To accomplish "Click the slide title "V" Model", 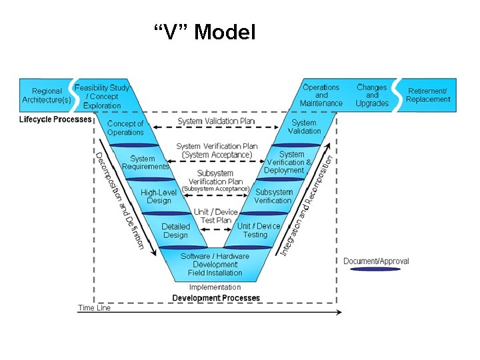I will click(x=204, y=31).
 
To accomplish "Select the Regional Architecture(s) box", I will click(x=46, y=95).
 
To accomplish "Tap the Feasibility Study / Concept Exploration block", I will click(x=103, y=96).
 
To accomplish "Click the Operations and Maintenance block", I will click(x=321, y=95).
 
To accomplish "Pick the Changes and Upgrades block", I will click(x=371, y=95).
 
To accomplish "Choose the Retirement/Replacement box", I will click(x=428, y=95).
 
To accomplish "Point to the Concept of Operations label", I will click(x=125, y=128).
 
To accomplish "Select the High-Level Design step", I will click(x=159, y=197).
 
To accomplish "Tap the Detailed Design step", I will click(x=175, y=231).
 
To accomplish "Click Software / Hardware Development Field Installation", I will click(x=215, y=265).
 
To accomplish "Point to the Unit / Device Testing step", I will click(x=258, y=231).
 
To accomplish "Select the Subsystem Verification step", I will click(x=273, y=197).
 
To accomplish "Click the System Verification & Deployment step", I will click(x=288, y=162).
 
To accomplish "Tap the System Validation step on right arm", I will click(x=304, y=127).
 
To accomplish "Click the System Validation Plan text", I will click(x=216, y=121).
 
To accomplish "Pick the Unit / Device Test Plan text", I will click(x=215, y=216).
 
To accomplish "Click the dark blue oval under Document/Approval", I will click(x=376, y=269).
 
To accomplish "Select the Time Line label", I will click(x=94, y=308).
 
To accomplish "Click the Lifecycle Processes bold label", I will click(x=55, y=120).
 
